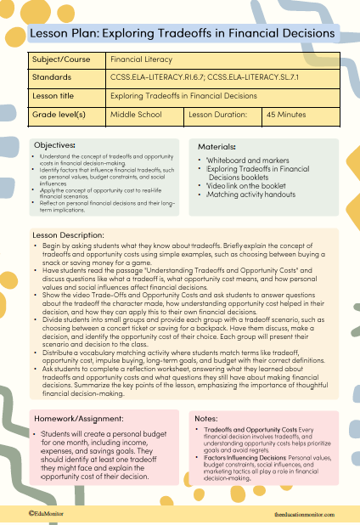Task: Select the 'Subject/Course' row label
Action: pyautogui.click(x=62, y=59)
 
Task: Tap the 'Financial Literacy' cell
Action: pyautogui.click(x=141, y=59)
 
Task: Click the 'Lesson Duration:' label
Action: pyautogui.click(x=217, y=114)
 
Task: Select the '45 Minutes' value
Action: pyautogui.click(x=284, y=114)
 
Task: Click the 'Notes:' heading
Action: pyautogui.click(x=206, y=419)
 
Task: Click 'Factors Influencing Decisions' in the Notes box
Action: pyautogui.click(x=240, y=457)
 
